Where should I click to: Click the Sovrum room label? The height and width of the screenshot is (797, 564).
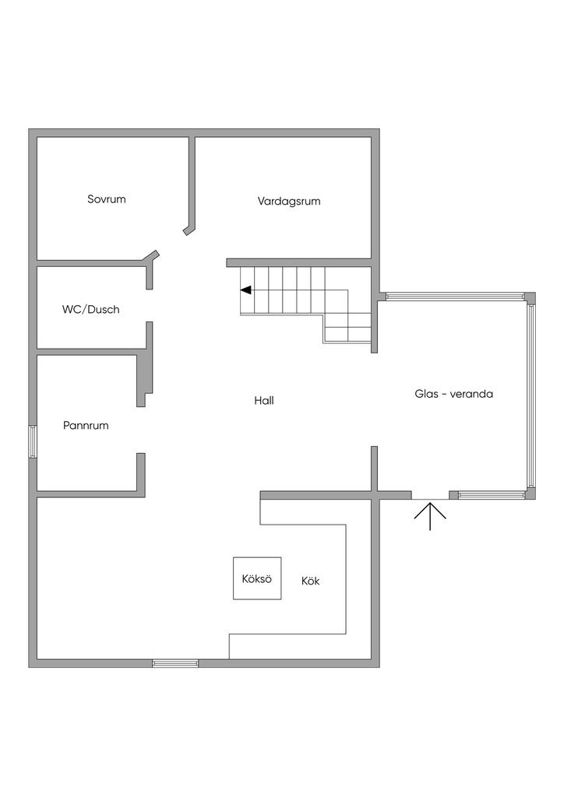coord(107,199)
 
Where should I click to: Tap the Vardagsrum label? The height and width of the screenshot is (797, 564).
coord(289,201)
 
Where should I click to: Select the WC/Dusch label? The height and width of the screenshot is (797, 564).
coord(91,309)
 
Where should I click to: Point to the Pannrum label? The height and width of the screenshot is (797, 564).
coord(86,426)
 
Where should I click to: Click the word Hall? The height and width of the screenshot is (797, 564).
coord(264,401)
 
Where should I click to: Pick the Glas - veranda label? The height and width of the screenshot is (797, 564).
coord(453,394)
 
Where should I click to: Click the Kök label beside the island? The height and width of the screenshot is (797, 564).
coord(310,581)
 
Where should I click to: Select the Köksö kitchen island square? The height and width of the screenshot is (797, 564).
coord(257,578)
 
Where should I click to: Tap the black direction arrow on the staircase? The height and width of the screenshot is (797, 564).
coord(245,290)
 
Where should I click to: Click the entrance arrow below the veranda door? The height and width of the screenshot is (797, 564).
coord(430,515)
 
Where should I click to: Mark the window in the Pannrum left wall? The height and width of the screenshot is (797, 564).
coord(33,441)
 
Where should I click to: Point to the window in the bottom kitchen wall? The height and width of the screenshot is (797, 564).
coord(175,663)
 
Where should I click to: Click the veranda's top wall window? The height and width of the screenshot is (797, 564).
coord(455,297)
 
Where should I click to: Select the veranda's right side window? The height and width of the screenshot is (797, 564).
coord(531,395)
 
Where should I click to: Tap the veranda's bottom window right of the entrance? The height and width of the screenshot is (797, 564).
coord(492,494)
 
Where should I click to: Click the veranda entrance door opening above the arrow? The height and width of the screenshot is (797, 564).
coord(430,495)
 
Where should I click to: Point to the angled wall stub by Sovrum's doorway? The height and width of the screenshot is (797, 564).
coord(152,255)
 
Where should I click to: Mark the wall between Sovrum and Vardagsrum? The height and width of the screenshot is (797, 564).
coord(192,184)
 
